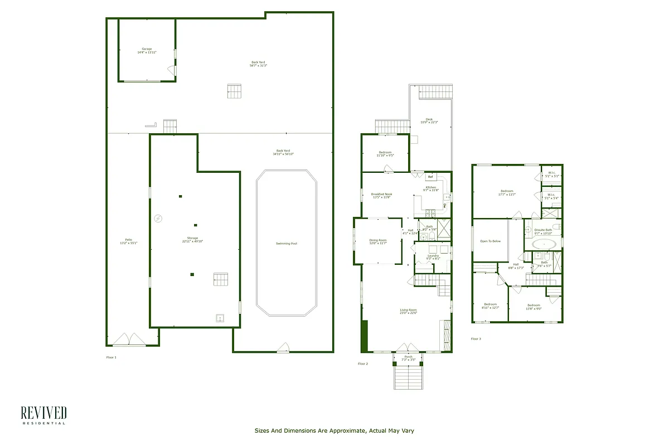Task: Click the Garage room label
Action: pos(147,49)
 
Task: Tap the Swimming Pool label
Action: pos(287,244)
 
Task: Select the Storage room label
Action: pos(192,238)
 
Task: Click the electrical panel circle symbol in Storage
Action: pos(158,218)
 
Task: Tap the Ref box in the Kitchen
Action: pos(430,177)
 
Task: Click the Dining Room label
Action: pos(377,240)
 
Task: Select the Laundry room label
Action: pos(433,256)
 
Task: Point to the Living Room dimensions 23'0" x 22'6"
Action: pos(408,313)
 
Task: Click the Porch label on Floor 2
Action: pos(409,357)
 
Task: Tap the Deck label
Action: pos(429,119)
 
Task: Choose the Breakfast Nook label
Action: pos(381,194)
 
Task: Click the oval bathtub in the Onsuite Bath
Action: pos(542,244)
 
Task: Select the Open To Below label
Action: pos(490,241)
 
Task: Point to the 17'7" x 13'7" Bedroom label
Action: pos(506,191)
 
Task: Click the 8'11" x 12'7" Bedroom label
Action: pos(490,304)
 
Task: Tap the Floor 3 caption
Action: pos(476,339)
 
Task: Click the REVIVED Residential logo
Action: pos(43,415)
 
